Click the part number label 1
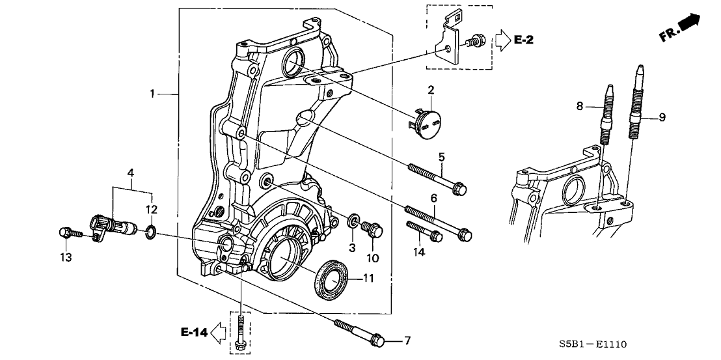tap(152, 94)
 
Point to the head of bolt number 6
tap(465, 234)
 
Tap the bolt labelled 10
tap(375, 230)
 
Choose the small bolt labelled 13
tap(66, 232)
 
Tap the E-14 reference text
tap(194, 333)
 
